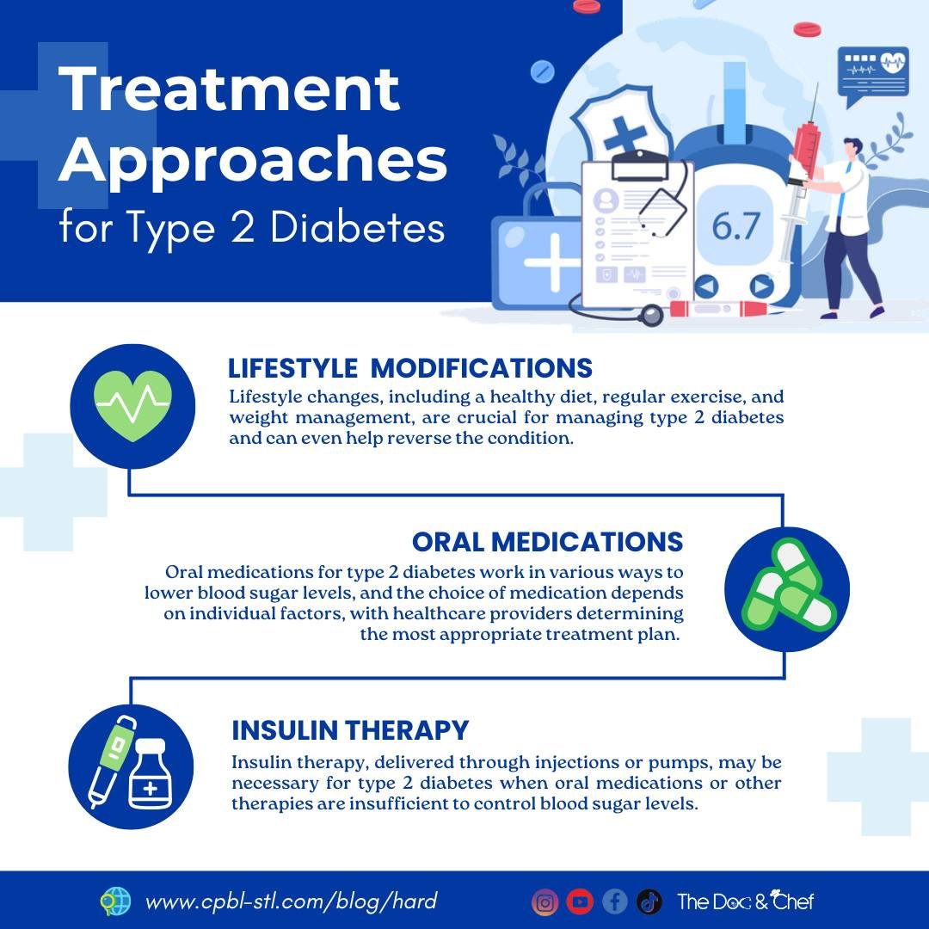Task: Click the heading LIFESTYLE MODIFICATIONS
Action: coord(410,368)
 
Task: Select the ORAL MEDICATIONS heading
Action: coord(547,542)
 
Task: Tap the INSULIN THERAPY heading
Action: coord(350,730)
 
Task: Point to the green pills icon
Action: coord(786,589)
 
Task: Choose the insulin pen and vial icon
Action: coord(131,766)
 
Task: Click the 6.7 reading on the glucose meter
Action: coord(736,225)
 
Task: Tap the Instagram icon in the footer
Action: coord(544,901)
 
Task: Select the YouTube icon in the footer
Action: coord(580,901)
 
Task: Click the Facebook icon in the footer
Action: coord(614,901)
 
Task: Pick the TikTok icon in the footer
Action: coord(649,901)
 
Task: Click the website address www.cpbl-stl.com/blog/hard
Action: coord(292,901)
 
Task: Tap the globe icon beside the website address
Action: coord(114,901)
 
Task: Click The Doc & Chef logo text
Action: coord(745,901)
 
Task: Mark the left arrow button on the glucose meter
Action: coord(705,286)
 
